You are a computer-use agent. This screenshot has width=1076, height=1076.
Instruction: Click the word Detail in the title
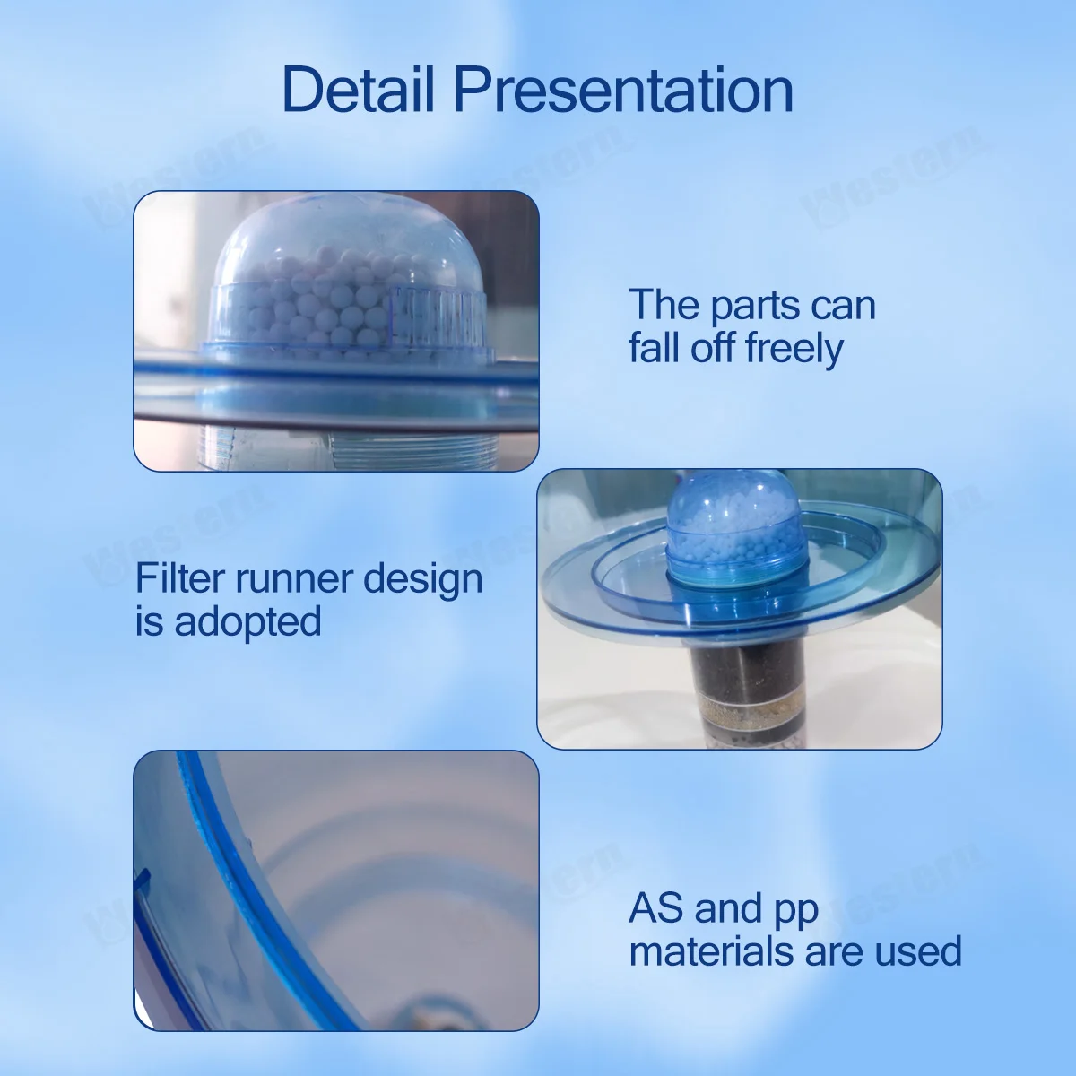(359, 90)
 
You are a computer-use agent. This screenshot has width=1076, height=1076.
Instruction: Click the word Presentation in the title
(623, 90)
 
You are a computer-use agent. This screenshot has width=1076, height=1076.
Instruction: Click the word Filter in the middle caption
(180, 578)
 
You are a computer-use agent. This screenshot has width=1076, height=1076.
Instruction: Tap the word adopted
(247, 621)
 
